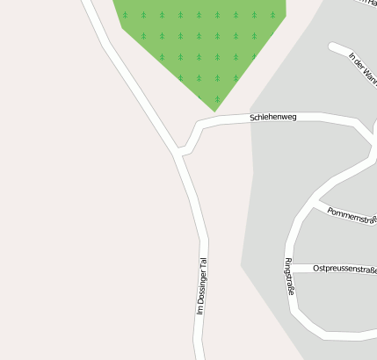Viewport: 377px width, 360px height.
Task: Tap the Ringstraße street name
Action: click(x=289, y=276)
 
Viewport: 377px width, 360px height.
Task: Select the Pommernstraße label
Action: click(x=352, y=215)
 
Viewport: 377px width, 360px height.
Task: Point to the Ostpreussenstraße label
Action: click(x=344, y=268)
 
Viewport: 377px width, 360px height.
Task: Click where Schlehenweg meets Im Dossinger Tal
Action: click(x=179, y=155)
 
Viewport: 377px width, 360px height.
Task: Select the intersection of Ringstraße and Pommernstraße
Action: click(x=314, y=205)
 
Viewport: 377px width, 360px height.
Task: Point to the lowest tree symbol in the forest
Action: click(x=217, y=97)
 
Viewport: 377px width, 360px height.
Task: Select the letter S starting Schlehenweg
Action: click(x=252, y=116)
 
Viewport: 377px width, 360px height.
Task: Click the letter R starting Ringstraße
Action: click(x=287, y=261)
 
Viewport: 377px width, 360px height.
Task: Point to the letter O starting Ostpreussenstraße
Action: click(x=316, y=268)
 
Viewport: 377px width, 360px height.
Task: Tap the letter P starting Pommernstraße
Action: click(x=330, y=211)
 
